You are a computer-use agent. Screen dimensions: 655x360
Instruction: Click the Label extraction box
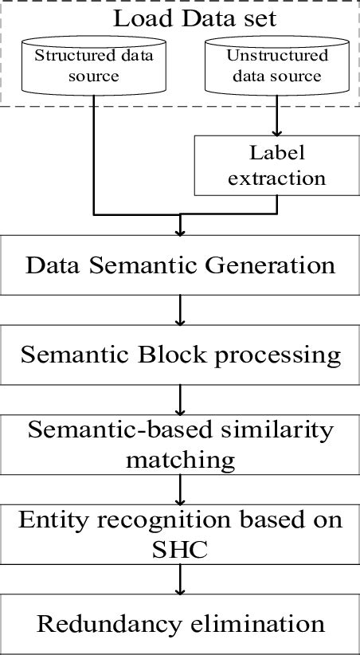click(276, 165)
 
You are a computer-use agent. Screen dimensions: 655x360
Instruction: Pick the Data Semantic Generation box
click(181, 265)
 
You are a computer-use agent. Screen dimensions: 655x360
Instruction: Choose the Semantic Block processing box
click(181, 355)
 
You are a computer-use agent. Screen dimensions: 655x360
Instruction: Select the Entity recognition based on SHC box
click(181, 533)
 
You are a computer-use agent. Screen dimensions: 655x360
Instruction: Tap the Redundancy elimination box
click(181, 623)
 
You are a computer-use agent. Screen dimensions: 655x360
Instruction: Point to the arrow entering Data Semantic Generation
click(181, 226)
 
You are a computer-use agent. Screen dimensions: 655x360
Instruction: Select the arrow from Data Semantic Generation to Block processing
click(181, 309)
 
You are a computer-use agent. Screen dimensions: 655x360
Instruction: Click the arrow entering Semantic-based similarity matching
click(181, 398)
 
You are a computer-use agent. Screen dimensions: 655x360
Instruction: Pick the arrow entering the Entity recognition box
click(181, 488)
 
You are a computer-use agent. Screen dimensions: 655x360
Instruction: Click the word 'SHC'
click(180, 549)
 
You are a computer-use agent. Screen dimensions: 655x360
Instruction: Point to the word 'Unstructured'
click(277, 56)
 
